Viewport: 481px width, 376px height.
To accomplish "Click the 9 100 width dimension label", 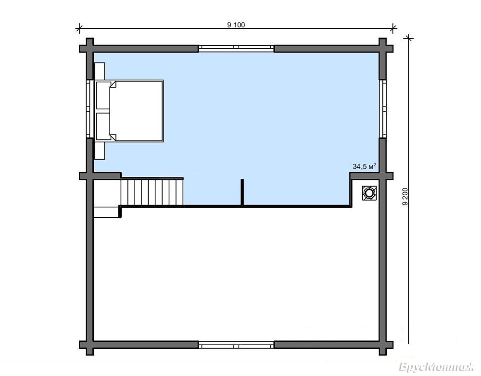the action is pos(236,25).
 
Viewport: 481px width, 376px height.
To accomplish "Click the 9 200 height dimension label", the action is pos(405,196).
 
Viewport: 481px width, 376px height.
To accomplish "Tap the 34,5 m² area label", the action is pos(365,166).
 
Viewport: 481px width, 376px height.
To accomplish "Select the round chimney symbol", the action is pos(369,193).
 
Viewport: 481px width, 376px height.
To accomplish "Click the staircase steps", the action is pos(152,192).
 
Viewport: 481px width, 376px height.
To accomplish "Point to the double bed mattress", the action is pos(136,111).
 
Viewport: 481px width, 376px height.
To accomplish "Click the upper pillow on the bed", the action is pos(103,95).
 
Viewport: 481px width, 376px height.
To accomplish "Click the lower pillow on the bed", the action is pos(103,126).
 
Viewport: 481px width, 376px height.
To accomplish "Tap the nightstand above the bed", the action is pos(100,72).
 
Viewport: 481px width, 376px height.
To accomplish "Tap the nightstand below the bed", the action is pos(100,150).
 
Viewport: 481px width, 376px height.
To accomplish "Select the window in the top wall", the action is pos(236,48).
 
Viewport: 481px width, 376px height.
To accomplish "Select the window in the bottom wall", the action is pos(236,346).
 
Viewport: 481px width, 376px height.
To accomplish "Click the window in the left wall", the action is pos(89,109).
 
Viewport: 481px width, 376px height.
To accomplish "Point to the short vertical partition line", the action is pos(242,192).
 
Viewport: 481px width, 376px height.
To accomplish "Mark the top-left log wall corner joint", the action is pos(89,49).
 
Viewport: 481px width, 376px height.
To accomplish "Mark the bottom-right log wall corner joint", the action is pos(382,345).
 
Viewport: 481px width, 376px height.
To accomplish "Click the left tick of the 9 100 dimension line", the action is pos(79,29).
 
